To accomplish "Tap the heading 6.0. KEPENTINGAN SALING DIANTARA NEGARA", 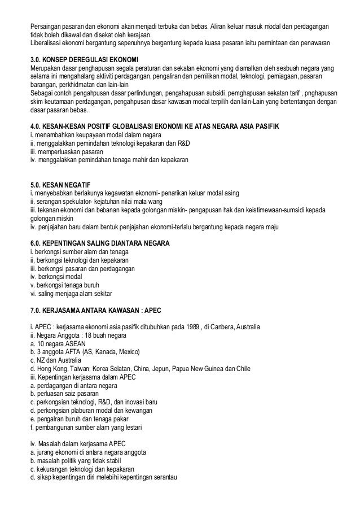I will (104, 243).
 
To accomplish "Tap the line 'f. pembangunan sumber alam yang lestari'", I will (85, 428).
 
